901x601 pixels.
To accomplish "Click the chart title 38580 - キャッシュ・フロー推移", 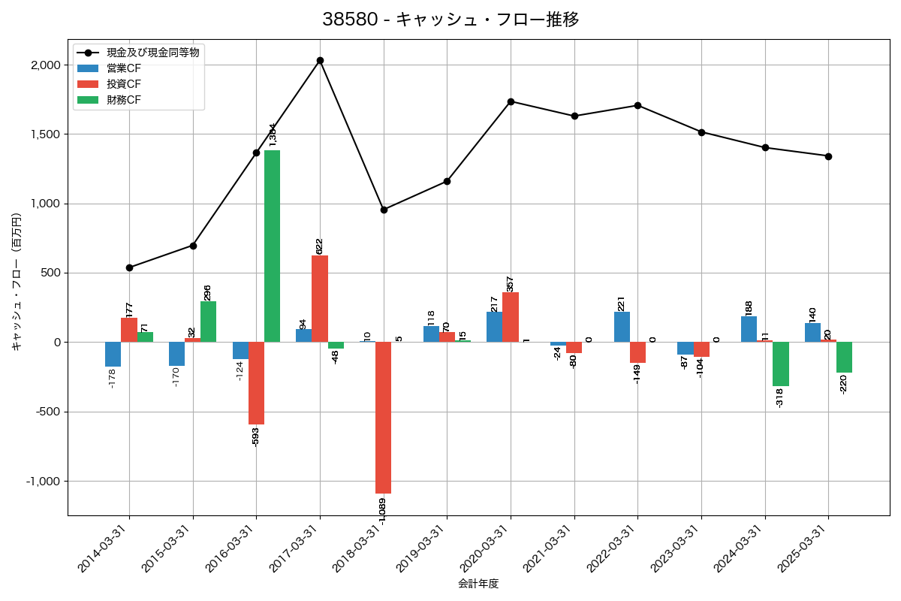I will (450, 20).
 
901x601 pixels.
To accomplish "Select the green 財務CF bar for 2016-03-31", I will (272, 246).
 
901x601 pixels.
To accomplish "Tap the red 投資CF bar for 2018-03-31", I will (383, 417).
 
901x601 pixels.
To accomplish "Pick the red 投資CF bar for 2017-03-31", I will (320, 298).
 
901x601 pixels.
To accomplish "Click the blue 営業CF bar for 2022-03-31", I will (622, 327).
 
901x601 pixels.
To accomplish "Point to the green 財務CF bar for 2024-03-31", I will (780, 364).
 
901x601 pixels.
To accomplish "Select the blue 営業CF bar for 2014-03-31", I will (113, 354).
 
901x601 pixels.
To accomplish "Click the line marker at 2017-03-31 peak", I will (320, 60).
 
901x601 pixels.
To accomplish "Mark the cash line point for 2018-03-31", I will (384, 210).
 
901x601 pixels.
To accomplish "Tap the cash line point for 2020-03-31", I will (511, 101).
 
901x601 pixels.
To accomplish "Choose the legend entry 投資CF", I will (124, 83).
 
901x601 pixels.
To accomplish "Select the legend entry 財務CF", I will (124, 99).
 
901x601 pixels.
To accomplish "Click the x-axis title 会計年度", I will (478, 583).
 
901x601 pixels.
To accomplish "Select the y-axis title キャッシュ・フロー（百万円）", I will (17, 282).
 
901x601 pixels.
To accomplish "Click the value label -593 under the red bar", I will (255, 436).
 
